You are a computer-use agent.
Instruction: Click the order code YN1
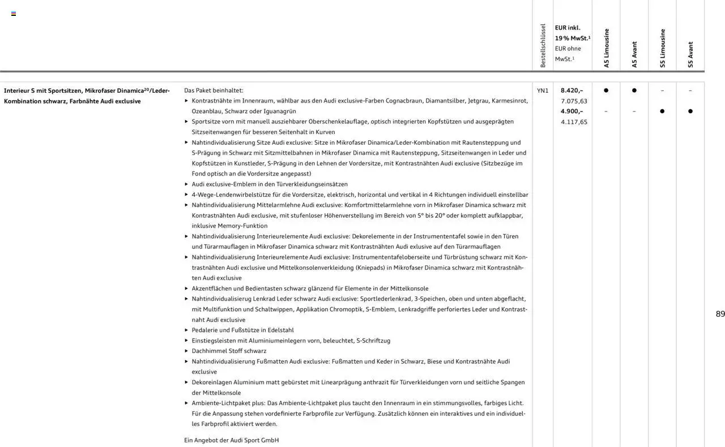click(x=543, y=91)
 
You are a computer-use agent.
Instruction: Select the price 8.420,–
click(x=572, y=91)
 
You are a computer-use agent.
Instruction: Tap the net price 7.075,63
click(x=574, y=101)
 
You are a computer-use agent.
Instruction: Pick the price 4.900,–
click(x=572, y=111)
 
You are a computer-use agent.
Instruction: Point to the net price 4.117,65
click(x=574, y=122)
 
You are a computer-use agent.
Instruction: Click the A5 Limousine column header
click(x=607, y=48)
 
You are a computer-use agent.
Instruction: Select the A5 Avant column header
click(x=634, y=54)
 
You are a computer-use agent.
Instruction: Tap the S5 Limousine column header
click(x=663, y=48)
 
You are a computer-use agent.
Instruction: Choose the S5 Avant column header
click(x=690, y=54)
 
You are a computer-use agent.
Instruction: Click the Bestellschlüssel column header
click(x=543, y=46)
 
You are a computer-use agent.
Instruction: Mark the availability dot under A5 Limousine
click(x=606, y=91)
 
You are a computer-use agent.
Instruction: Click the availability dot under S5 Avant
click(x=690, y=111)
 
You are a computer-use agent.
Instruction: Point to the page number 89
click(x=720, y=314)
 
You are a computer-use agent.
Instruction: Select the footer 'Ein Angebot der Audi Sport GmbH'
click(x=231, y=440)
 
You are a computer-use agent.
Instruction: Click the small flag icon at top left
click(x=14, y=14)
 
